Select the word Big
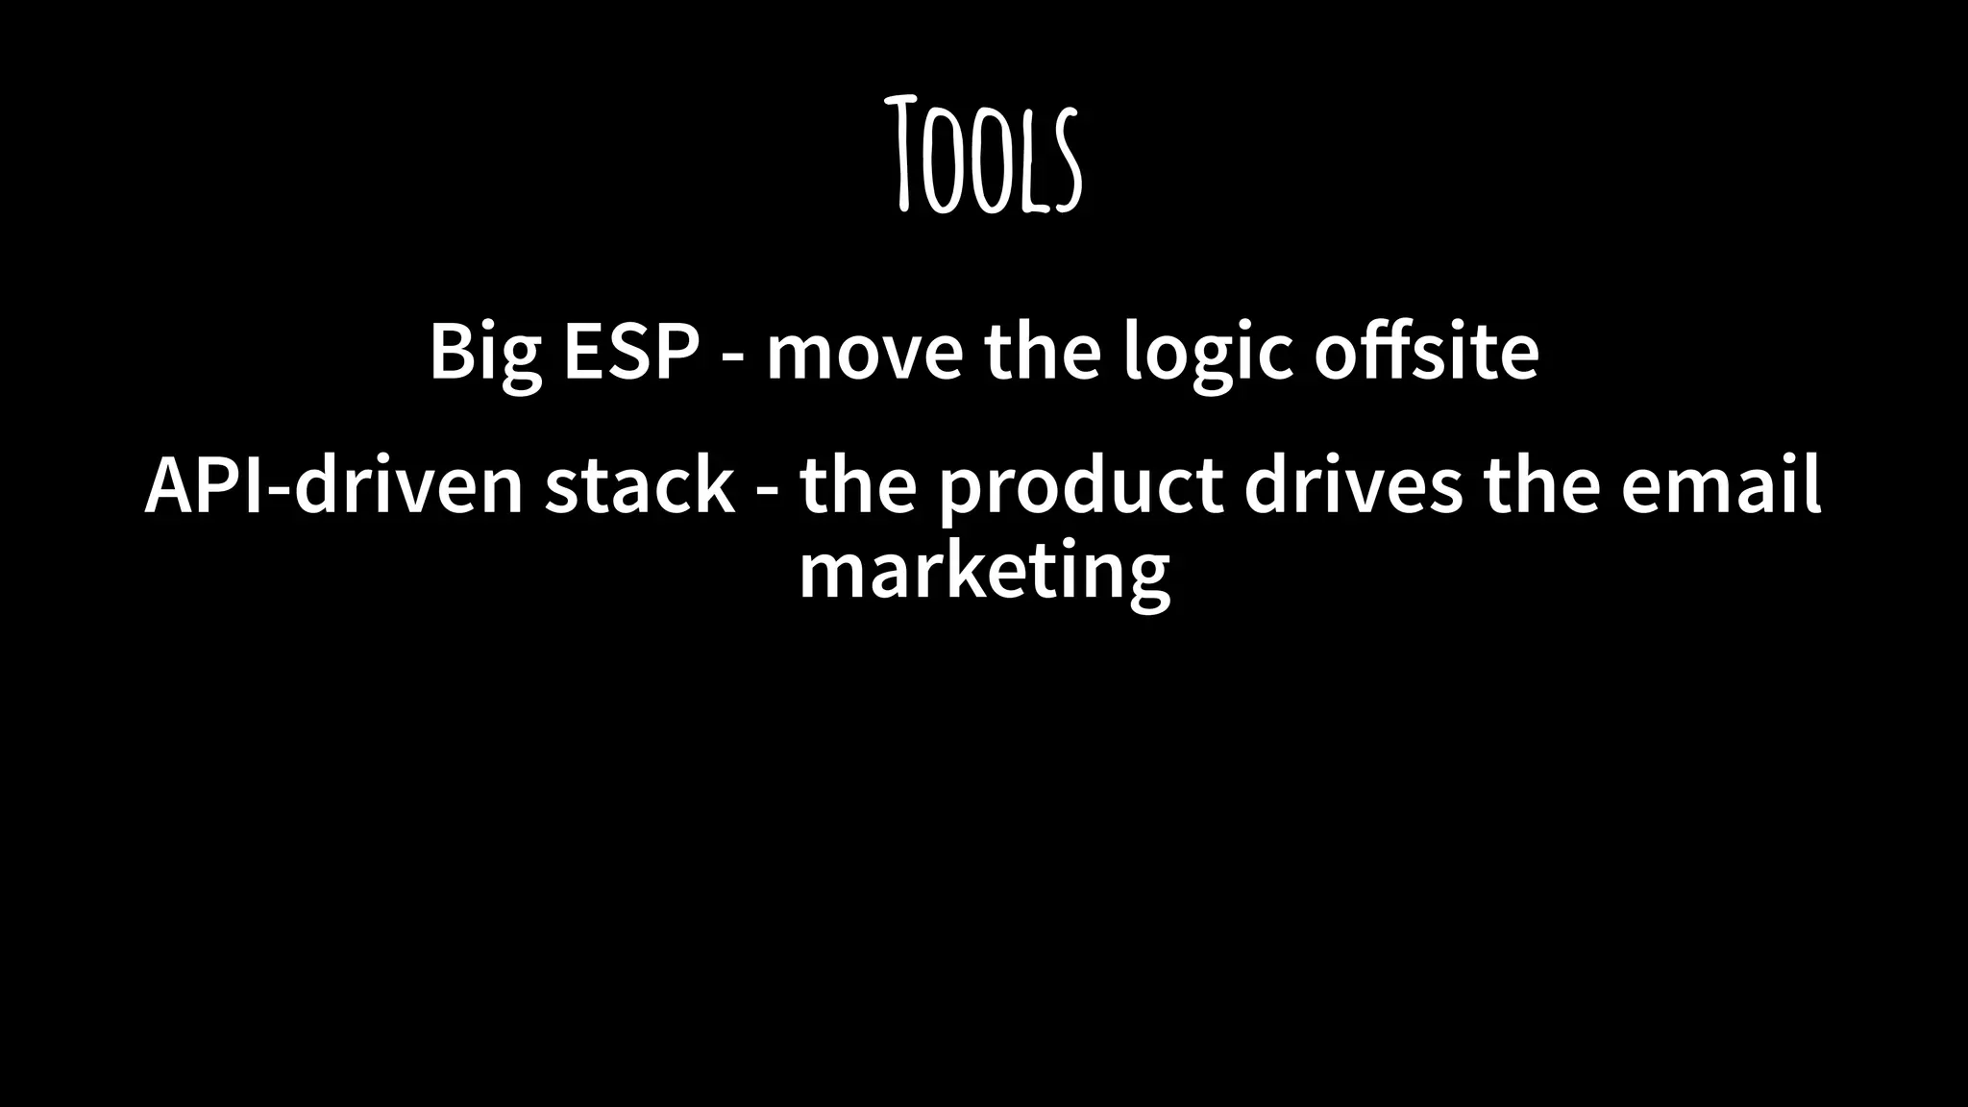(485, 353)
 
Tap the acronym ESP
(631, 351)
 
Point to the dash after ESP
(732, 357)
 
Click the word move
(864, 353)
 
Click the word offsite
(1427, 351)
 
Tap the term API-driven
(333, 485)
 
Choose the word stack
(640, 485)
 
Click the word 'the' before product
(858, 485)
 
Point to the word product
(1080, 487)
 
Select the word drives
(1353, 485)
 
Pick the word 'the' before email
(1541, 485)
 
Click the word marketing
(984, 572)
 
